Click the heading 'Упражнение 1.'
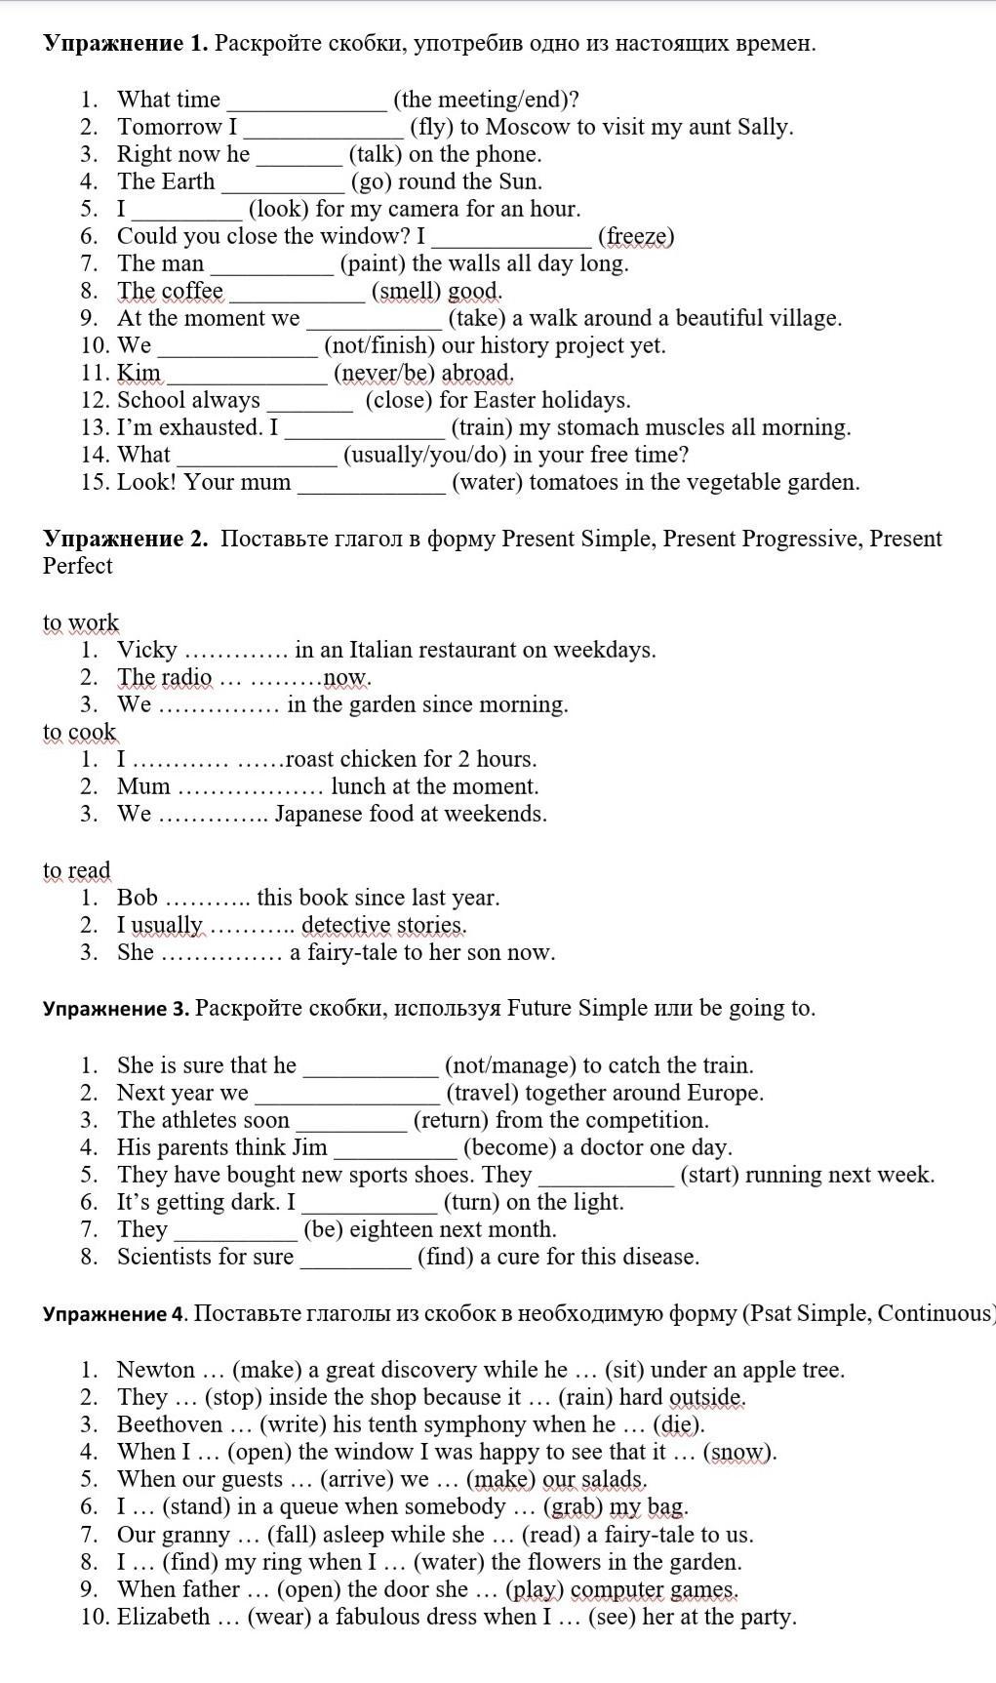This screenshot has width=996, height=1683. pos(126,43)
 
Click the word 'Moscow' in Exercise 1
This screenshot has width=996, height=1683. pos(527,127)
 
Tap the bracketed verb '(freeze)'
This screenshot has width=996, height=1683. pos(636,236)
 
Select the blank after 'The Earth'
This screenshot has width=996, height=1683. pos(283,181)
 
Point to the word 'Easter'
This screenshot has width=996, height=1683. pos(504,400)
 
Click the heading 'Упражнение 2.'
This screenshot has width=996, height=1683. pos(126,539)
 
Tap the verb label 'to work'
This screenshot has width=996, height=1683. pos(81,622)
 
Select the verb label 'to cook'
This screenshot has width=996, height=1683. pos(79,732)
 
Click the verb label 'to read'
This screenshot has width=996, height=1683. pos(77,870)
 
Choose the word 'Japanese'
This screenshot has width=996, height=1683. pos(319,814)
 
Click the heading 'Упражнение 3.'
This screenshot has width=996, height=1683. pos(116,1008)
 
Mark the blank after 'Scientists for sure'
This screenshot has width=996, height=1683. pos(355,1257)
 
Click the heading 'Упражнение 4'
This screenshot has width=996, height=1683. pos(114,1313)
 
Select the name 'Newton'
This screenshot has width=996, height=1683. pos(156,1370)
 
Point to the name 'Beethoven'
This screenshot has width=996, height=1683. pos(170,1424)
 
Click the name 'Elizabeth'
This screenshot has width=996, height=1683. pos(163,1617)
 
